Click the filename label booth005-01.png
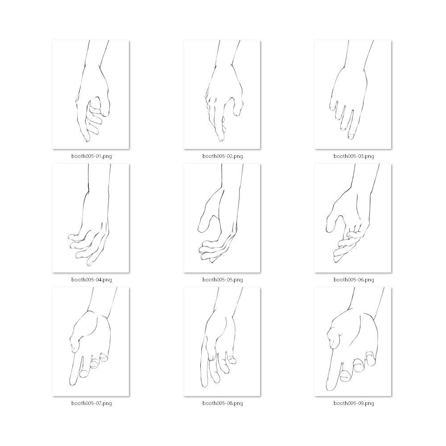click(x=91, y=156)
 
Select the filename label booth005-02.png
click(x=223, y=156)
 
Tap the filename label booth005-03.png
click(x=354, y=156)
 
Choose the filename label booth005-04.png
click(x=91, y=280)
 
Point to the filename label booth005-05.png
click(x=223, y=280)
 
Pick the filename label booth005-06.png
click(x=354, y=280)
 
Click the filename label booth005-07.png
click(x=91, y=403)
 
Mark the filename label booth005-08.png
click(x=223, y=403)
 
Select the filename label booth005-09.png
click(x=354, y=403)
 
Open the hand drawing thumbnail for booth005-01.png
click(x=91, y=95)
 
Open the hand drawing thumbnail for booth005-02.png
click(x=222, y=95)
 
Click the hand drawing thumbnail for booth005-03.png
click(x=353, y=95)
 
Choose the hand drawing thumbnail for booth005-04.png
click(x=91, y=218)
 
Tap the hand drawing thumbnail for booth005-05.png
click(x=222, y=218)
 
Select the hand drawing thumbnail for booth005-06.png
click(x=353, y=218)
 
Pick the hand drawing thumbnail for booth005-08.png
click(x=222, y=342)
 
